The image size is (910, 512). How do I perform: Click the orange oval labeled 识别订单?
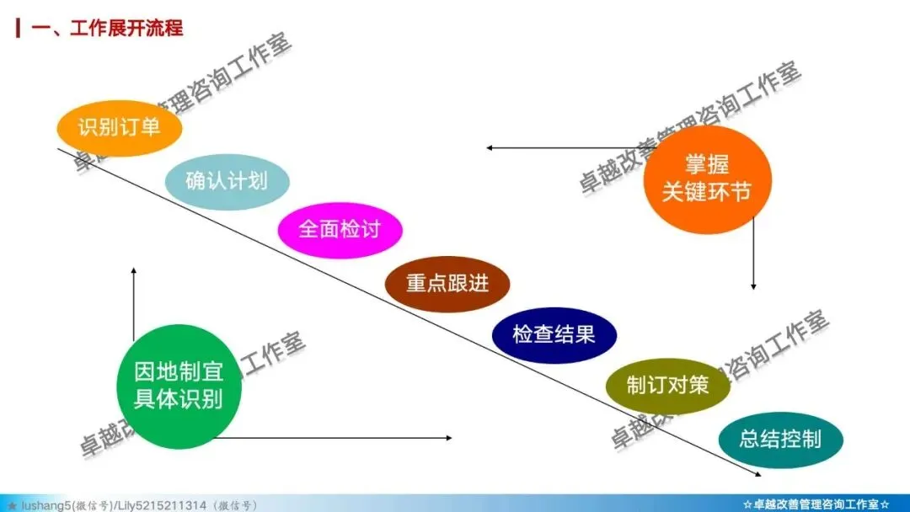pos(119,128)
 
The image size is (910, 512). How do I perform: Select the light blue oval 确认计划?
pos(227,179)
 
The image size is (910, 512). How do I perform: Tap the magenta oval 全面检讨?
pos(340,229)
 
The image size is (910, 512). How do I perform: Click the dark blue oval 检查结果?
pos(554,334)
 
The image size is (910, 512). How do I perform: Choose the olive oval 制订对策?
pos(667,386)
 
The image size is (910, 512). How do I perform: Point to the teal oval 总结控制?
pos(779,439)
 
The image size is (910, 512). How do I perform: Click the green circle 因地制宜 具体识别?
pos(179,387)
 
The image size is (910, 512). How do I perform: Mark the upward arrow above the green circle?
pos(133,303)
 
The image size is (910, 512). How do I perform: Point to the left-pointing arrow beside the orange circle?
pos(573,148)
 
